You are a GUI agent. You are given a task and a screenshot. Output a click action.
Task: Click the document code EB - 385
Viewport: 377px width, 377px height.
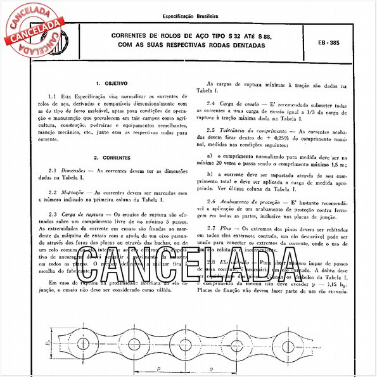pyautogui.click(x=330, y=43)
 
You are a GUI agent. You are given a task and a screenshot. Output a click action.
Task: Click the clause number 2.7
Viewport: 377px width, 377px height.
pyautogui.click(x=212, y=227)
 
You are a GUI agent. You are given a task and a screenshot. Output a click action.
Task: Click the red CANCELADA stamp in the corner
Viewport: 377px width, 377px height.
pyautogui.click(x=32, y=29)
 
